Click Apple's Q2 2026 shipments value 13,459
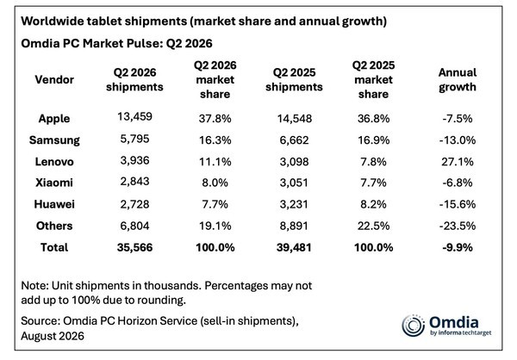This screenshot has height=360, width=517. (134, 116)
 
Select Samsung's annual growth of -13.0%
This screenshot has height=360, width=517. (458, 140)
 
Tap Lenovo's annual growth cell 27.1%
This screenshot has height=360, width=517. (458, 162)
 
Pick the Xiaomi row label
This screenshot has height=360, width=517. (54, 183)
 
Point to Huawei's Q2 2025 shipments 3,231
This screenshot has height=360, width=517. (294, 204)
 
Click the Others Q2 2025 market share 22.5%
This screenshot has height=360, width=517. (374, 226)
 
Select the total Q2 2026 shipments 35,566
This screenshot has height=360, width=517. (134, 247)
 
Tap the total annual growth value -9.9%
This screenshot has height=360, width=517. (458, 247)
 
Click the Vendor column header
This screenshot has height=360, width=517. (54, 79)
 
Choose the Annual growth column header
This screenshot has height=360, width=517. (458, 79)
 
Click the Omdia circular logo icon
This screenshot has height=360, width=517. (413, 326)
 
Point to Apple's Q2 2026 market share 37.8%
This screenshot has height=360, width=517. (215, 118)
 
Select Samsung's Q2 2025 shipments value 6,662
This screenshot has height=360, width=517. (294, 140)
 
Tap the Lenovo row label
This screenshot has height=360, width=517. (54, 162)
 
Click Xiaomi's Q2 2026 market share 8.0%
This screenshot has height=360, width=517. (215, 183)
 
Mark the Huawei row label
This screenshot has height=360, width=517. (54, 204)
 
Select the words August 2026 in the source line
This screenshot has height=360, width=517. (53, 336)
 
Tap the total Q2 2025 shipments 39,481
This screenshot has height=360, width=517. (294, 247)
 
